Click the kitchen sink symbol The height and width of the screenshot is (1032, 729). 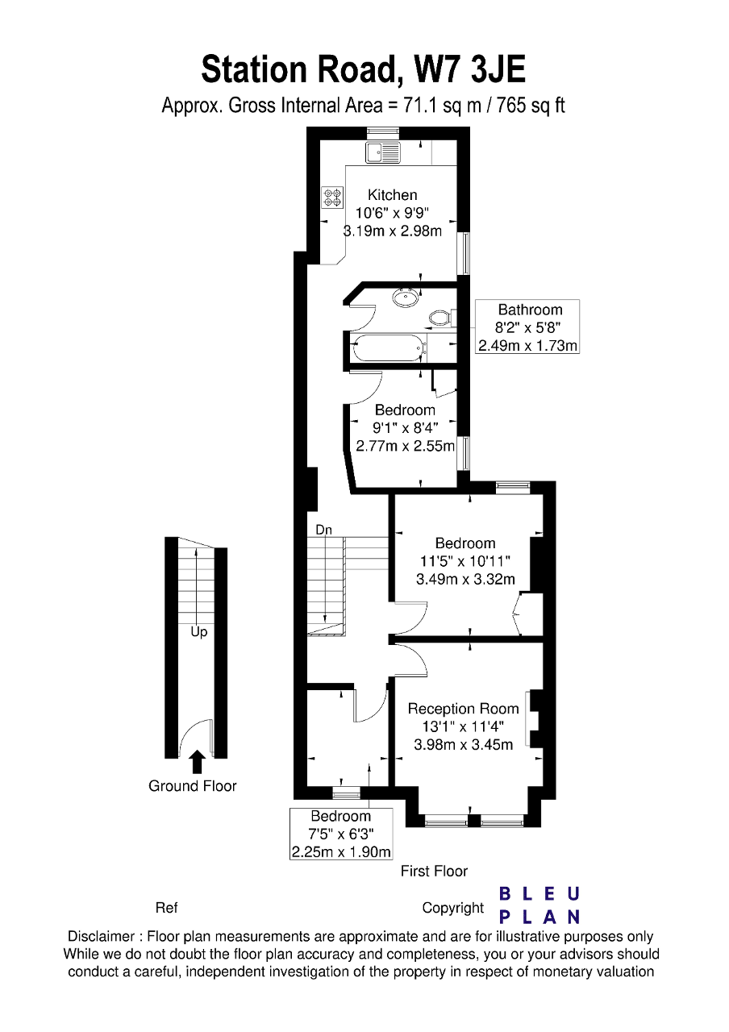coord(383,152)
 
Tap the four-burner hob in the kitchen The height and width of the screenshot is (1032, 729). coord(333,198)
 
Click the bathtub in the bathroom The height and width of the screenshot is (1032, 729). coord(388,348)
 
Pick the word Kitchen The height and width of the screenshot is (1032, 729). coord(392,195)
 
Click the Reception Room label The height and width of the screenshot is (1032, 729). coord(463,709)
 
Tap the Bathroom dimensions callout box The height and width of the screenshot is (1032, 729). coord(527,327)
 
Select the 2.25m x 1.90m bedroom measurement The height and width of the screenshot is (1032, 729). coord(341,852)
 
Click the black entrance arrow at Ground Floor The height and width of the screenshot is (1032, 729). coord(198,762)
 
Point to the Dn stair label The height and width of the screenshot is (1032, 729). coord(323,530)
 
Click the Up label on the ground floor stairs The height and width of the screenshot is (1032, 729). coord(199,632)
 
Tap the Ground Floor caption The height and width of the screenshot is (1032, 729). coord(192,786)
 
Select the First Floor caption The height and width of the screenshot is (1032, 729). coord(434,872)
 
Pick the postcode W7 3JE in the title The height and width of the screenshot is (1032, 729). coord(470,69)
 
